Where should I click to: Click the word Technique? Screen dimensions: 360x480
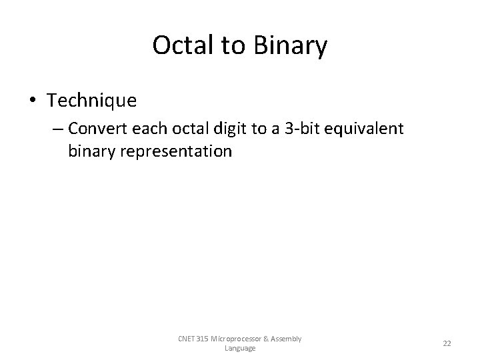(x=92, y=101)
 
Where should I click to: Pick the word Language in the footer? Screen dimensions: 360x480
(x=240, y=348)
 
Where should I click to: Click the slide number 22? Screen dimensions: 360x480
(x=447, y=343)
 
